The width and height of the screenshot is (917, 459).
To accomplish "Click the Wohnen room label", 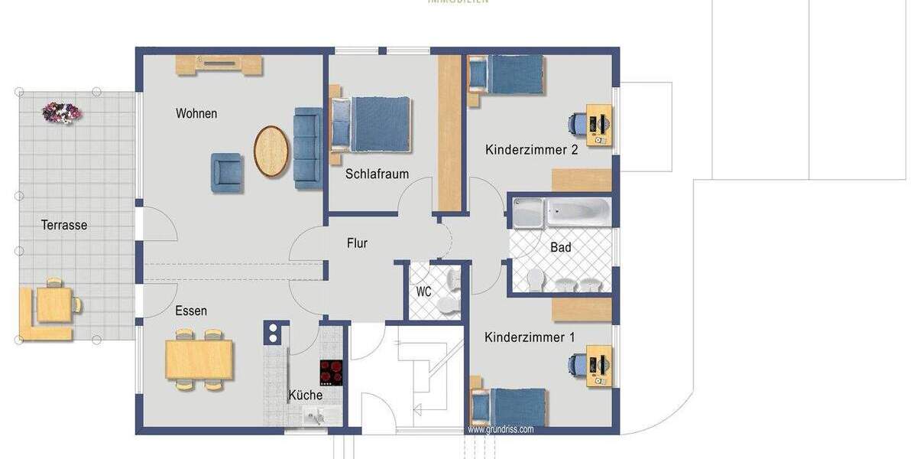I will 196,114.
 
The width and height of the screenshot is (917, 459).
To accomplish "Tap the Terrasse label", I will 64,225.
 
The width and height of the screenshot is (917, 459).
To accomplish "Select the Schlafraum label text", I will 377,174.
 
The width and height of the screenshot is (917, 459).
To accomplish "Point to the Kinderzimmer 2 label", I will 531,150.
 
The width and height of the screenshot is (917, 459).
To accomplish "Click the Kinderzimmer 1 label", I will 530,337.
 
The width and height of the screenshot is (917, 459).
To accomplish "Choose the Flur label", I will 357,243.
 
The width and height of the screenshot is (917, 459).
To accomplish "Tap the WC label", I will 424,291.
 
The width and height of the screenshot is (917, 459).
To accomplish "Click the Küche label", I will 305,396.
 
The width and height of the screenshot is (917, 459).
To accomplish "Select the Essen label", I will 191,311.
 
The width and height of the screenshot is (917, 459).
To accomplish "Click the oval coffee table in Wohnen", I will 271,151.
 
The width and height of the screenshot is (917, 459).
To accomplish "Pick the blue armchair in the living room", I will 227,172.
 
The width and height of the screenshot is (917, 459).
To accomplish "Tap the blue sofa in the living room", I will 308,148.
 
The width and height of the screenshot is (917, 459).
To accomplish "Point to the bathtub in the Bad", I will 562,213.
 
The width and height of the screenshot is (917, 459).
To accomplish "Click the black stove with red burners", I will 331,373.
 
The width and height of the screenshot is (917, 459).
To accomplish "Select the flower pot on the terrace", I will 61,113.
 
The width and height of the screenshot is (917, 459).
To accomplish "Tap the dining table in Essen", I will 199,360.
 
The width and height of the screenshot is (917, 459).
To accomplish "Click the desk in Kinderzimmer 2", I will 600,125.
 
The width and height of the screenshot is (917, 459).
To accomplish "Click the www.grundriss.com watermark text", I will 501,429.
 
